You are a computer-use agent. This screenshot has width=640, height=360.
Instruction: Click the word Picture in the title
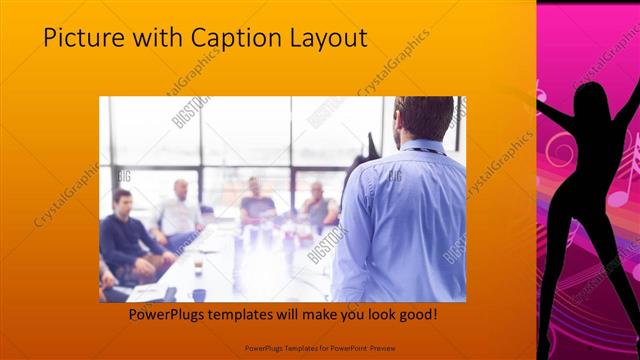78,38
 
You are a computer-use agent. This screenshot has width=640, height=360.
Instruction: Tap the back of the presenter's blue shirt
400,220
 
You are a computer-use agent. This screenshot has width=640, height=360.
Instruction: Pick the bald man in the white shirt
179,210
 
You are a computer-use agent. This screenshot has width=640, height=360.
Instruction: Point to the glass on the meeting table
199,264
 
